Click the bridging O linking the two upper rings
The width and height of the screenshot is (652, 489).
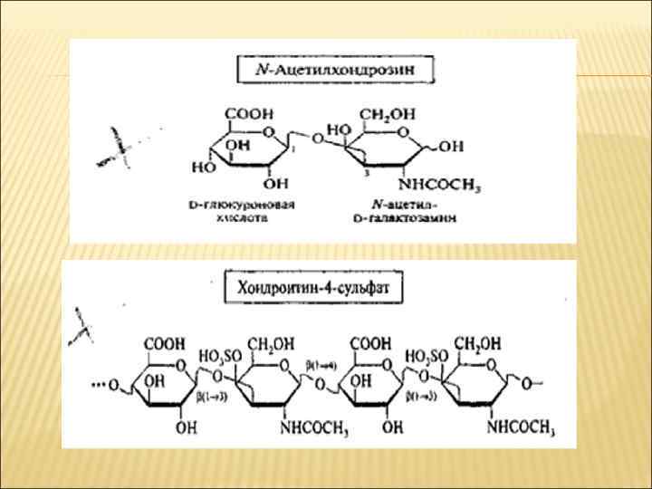point(316,139)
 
